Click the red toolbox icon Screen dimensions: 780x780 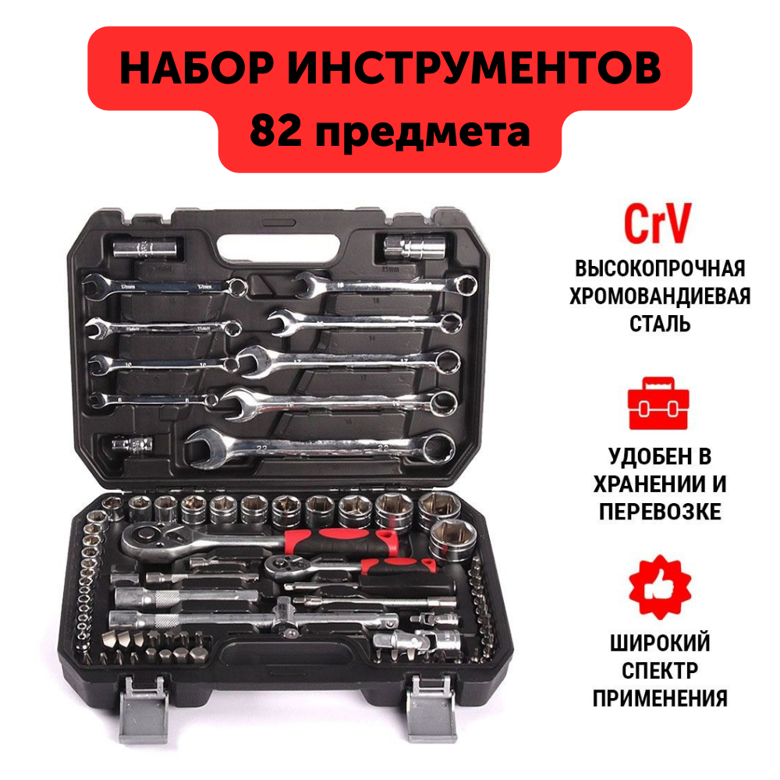tap(659, 404)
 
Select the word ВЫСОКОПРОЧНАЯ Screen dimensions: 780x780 tap(660, 269)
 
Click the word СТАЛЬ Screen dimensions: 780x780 tap(660, 324)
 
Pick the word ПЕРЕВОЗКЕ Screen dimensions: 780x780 tap(660, 512)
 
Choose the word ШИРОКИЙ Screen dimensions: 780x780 tap(660, 643)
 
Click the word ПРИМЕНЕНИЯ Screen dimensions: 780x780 tap(660, 697)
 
